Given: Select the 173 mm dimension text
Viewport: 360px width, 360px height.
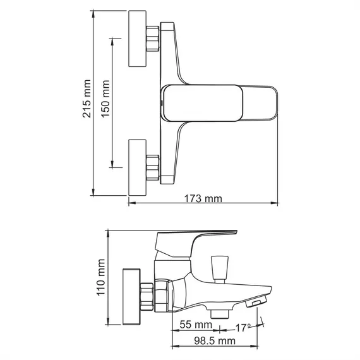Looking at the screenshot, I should coord(203,198).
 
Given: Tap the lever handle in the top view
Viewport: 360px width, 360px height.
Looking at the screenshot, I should coord(221,100).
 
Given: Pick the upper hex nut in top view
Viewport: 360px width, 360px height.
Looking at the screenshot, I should coord(152,39).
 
